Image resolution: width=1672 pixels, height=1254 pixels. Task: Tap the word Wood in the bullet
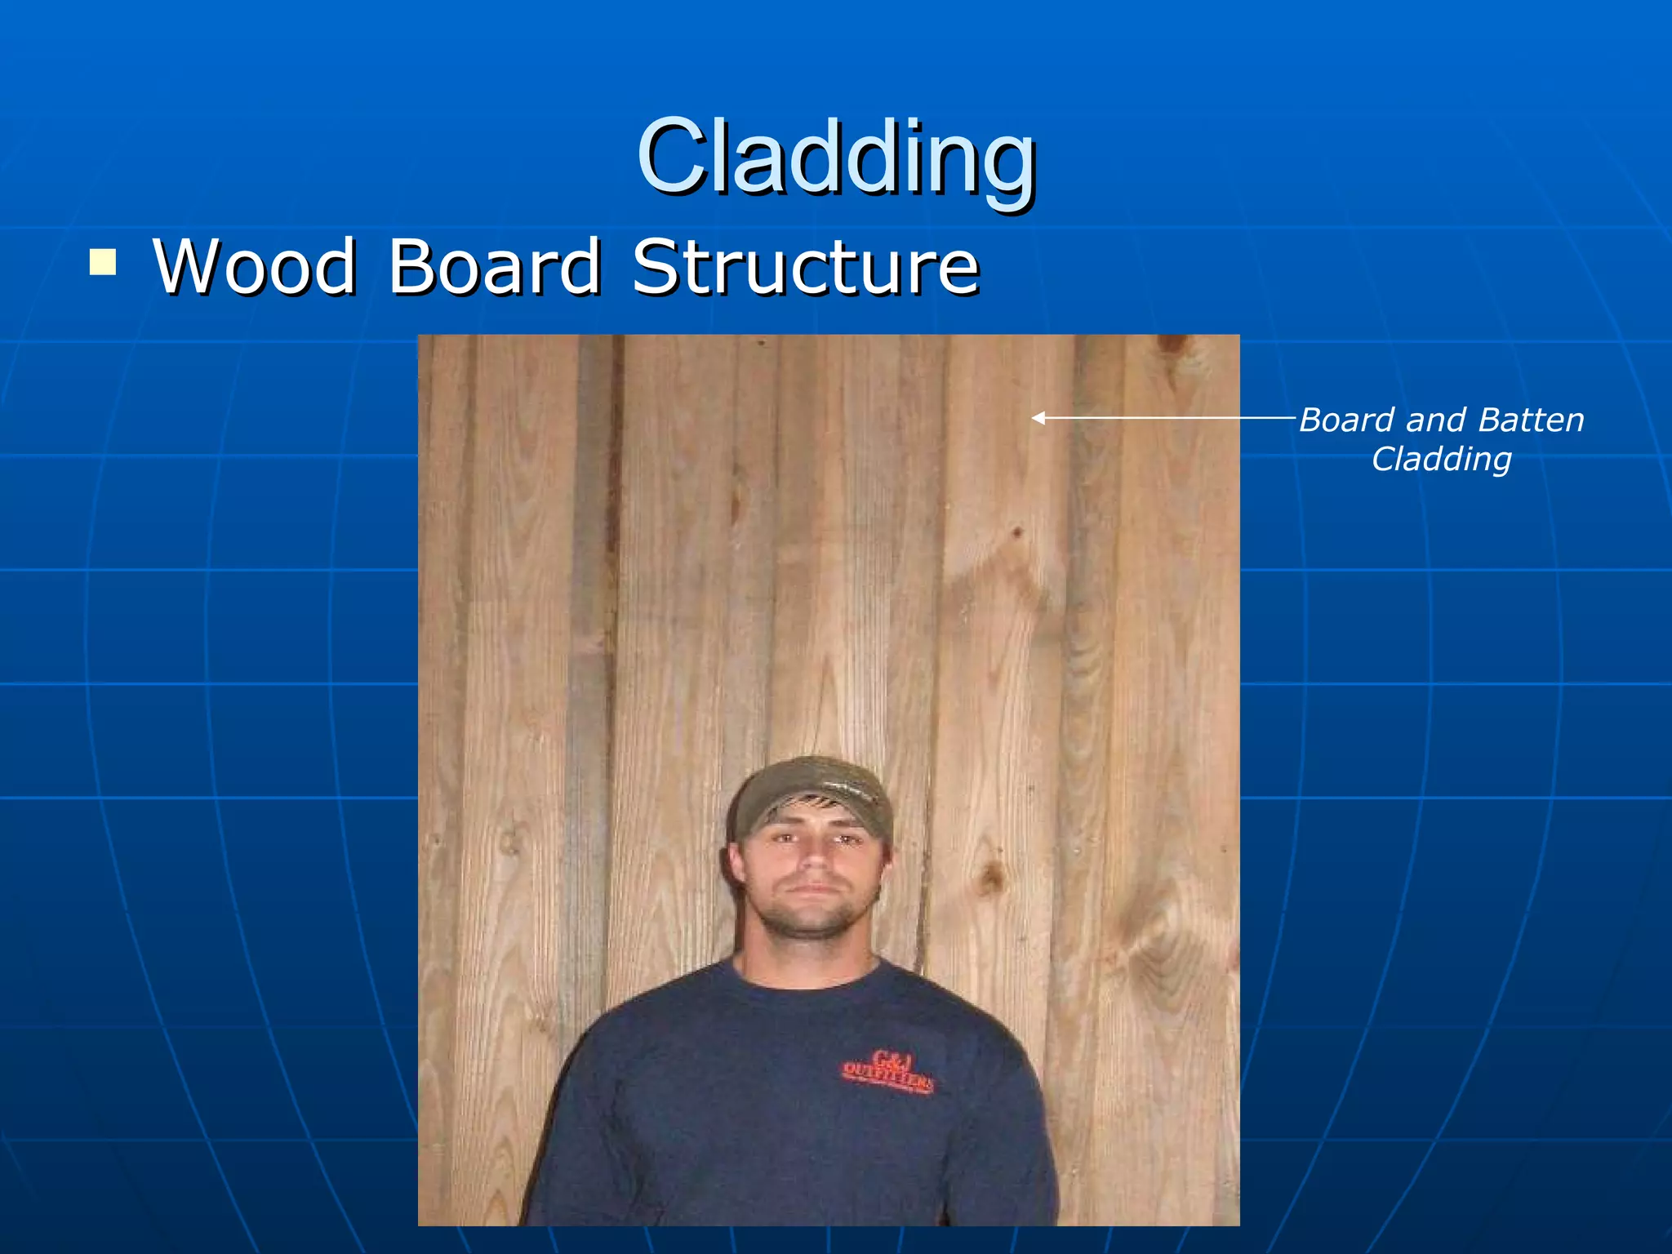pyautogui.click(x=255, y=267)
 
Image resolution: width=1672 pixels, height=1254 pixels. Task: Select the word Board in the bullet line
pyautogui.click(x=494, y=267)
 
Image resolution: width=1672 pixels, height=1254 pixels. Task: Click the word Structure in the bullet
pyautogui.click(x=806, y=267)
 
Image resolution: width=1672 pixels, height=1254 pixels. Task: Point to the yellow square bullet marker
pyautogui.click(x=103, y=263)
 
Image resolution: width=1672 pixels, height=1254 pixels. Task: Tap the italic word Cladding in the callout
pyautogui.click(x=1441, y=460)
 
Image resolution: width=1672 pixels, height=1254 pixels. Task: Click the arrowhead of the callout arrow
pyautogui.click(x=1038, y=418)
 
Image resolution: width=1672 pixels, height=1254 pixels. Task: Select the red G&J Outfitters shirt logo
pyautogui.click(x=887, y=1072)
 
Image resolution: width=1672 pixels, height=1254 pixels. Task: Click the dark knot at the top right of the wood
pyautogui.click(x=1172, y=346)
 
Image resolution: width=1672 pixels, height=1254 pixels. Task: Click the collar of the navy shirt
pyautogui.click(x=808, y=976)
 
